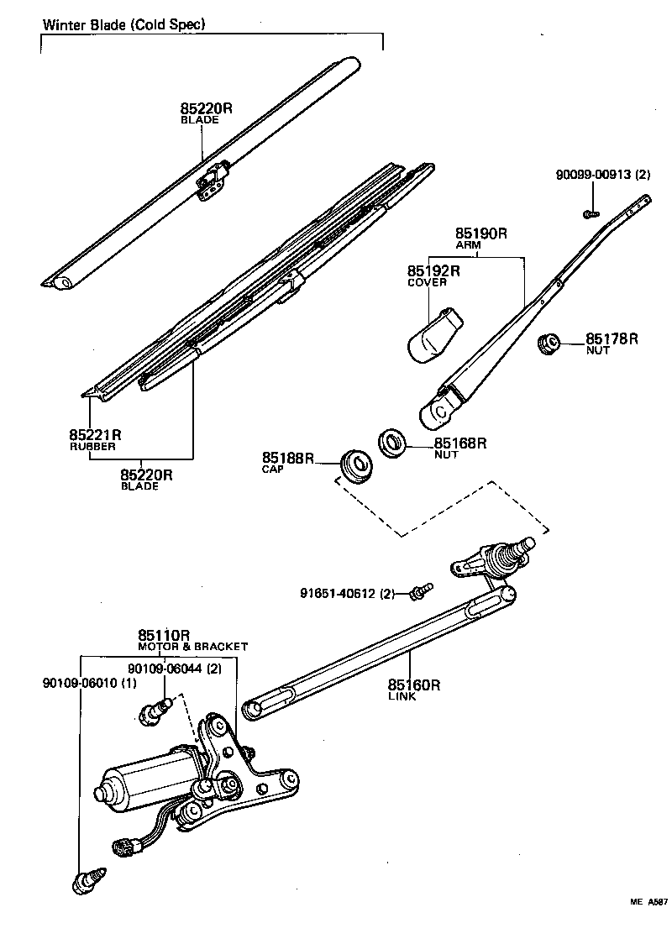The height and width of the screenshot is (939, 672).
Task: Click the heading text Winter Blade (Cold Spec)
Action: pyautogui.click(x=123, y=24)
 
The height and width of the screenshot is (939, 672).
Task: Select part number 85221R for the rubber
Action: pyautogui.click(x=95, y=434)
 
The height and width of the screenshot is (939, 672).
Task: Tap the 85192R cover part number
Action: pyautogui.click(x=433, y=271)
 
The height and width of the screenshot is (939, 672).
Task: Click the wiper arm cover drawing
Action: pyautogui.click(x=433, y=334)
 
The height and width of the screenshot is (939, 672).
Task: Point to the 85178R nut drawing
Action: pyautogui.click(x=548, y=343)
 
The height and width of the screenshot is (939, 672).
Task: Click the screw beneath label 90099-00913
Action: pyautogui.click(x=591, y=214)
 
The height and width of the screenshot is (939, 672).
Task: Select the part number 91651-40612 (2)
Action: pyautogui.click(x=347, y=594)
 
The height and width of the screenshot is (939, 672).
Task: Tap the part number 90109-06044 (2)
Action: pyautogui.click(x=175, y=668)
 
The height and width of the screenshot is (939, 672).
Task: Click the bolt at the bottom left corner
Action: pyautogui.click(x=87, y=879)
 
